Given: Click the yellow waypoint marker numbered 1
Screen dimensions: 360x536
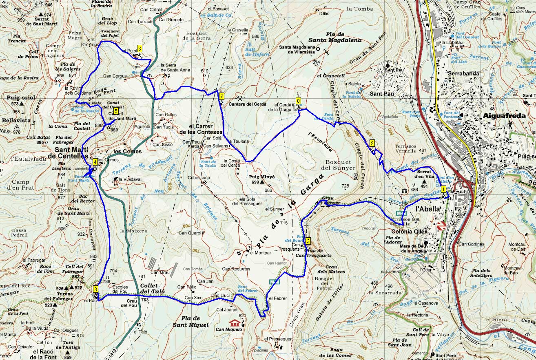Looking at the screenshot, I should click(x=443, y=189).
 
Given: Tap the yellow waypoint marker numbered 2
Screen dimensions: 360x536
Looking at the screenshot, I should click(x=308, y=241).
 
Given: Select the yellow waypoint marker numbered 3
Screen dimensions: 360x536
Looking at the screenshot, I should click(x=95, y=289).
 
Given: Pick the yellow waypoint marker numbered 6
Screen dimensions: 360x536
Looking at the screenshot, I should click(x=140, y=48).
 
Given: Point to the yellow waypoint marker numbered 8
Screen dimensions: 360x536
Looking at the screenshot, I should click(x=299, y=101).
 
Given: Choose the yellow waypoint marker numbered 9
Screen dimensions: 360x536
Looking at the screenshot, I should click(x=372, y=143).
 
